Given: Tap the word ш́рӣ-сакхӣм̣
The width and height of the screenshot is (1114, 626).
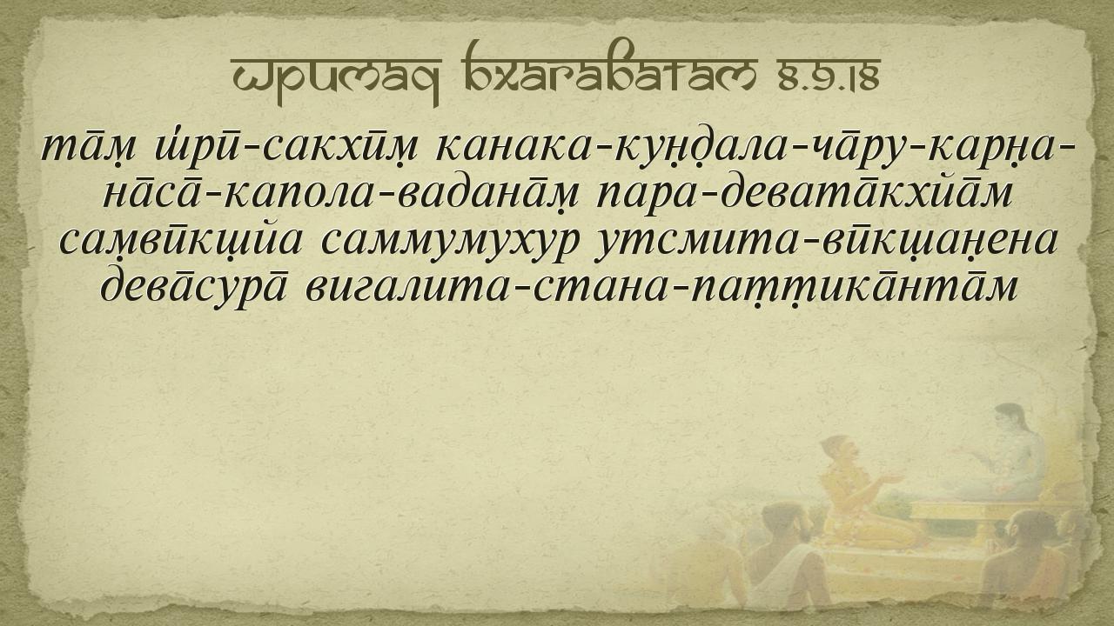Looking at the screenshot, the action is [286, 148].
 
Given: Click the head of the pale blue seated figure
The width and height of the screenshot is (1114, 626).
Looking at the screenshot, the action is [1010, 419].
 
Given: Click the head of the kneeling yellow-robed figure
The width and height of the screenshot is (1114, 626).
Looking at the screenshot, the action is [840, 450].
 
